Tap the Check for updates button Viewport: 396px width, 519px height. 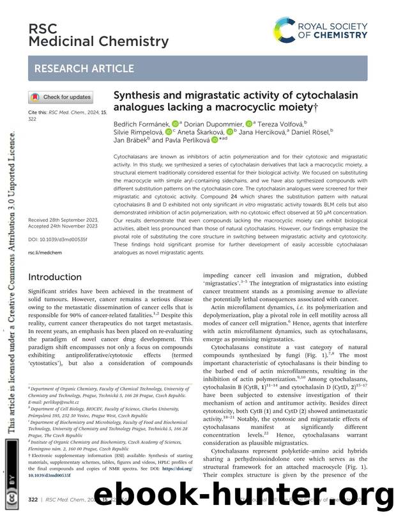(61, 97)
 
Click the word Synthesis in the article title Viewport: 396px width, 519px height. (138, 95)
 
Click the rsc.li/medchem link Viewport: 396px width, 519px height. (43, 252)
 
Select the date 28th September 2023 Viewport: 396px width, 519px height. (75, 219)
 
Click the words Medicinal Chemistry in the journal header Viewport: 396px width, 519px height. (98, 42)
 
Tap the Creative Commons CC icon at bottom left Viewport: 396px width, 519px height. (11, 494)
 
